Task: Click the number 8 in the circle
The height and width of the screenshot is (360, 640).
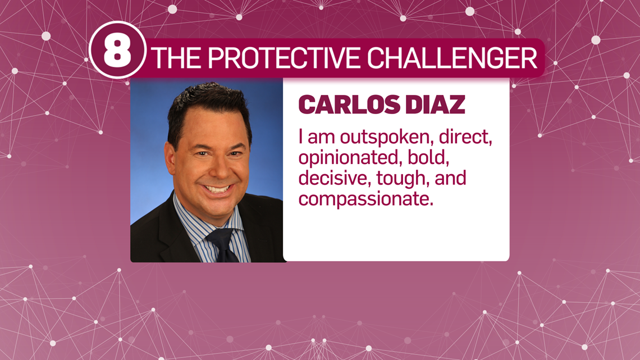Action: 117,51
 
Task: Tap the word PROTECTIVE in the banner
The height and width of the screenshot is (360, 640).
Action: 285,58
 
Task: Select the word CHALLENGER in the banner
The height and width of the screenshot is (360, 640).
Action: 452,58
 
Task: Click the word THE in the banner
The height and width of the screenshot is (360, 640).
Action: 178,58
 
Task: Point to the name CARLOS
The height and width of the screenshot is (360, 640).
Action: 349,105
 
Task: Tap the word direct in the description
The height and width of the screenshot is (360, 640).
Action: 466,136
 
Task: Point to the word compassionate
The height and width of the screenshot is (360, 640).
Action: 365,199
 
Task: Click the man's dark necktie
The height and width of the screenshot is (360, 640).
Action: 222,245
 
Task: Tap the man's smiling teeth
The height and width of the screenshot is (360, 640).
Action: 217,189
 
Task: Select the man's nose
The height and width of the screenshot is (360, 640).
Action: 218,167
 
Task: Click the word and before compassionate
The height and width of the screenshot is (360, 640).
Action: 450,179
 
